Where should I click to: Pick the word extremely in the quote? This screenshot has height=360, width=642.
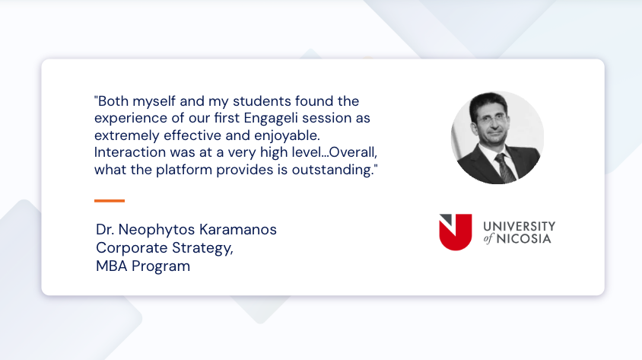[123, 135]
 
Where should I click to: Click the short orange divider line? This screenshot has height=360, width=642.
[110, 201]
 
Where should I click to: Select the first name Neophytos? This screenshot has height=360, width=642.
[154, 229]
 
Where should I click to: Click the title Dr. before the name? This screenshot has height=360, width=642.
[105, 229]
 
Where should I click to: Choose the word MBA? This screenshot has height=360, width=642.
[111, 266]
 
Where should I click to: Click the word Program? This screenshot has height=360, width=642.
[160, 266]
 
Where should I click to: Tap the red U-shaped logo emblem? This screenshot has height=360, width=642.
[455, 232]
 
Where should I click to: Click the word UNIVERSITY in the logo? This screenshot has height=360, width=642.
[520, 226]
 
